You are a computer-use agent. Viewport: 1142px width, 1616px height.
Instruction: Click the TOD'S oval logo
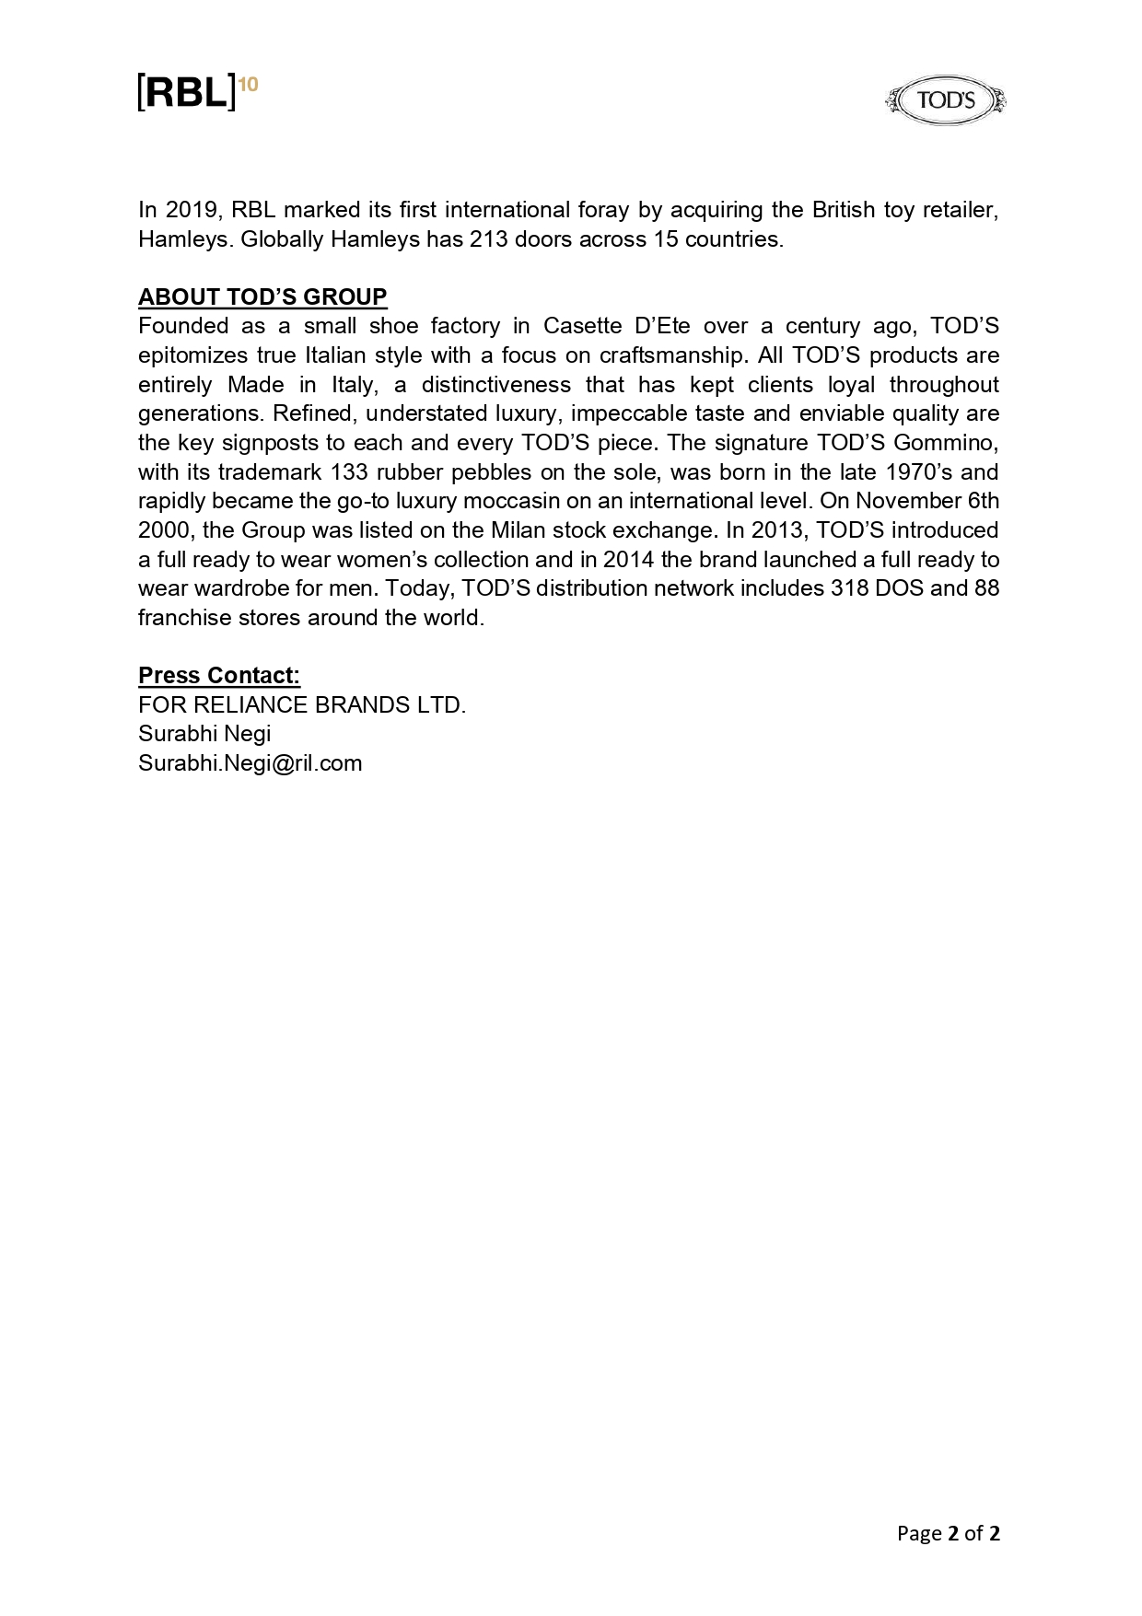click(945, 100)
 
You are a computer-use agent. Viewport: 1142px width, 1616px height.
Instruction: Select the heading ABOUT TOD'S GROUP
click(262, 296)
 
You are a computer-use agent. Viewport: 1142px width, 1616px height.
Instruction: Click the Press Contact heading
click(219, 675)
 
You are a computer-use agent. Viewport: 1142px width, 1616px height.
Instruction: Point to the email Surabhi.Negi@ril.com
click(250, 762)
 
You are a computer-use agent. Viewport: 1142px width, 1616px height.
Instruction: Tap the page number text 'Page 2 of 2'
click(949, 1533)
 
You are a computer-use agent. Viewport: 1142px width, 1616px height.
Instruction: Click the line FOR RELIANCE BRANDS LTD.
click(302, 704)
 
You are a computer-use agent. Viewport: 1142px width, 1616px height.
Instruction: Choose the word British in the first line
click(843, 210)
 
